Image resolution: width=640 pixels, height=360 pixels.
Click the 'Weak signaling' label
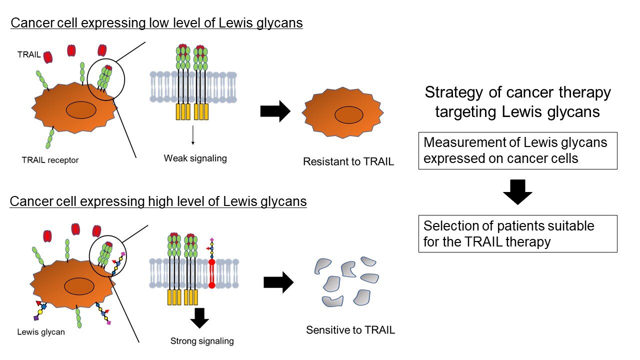[x=195, y=158]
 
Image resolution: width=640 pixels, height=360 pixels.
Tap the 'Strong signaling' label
[x=202, y=341]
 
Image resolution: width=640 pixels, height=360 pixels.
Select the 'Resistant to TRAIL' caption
[x=348, y=161]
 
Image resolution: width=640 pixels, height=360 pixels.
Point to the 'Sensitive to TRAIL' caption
[x=350, y=330]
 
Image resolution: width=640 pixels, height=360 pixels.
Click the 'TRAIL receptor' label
[x=50, y=160]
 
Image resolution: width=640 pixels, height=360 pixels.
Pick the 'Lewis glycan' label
[x=41, y=332]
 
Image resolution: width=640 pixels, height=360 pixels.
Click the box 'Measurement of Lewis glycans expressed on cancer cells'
[x=517, y=150]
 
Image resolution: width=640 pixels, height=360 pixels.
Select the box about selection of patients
[x=517, y=233]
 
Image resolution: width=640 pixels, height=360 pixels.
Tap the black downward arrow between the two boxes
[x=517, y=192]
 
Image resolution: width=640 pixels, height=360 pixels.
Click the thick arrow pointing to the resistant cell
[x=275, y=111]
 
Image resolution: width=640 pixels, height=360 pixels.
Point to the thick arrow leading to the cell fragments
[x=278, y=282]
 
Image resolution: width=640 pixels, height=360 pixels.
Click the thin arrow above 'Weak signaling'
[x=193, y=135]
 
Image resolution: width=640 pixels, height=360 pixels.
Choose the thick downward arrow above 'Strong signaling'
[x=199, y=318]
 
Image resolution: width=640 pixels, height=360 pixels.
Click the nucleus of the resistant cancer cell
[x=349, y=115]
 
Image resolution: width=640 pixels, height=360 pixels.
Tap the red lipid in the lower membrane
[x=211, y=273]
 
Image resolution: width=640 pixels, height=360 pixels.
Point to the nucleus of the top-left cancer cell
[x=81, y=110]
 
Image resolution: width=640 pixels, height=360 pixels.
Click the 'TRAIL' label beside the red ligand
[x=29, y=54]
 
